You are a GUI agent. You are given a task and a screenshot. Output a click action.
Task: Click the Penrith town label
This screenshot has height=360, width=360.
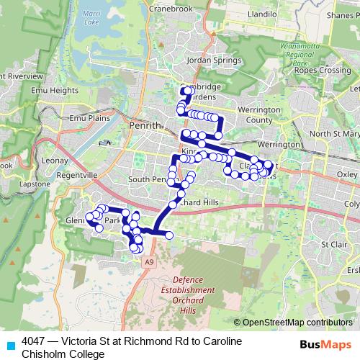[141, 125]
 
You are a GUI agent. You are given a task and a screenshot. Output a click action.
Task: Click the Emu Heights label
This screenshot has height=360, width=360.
[54, 91]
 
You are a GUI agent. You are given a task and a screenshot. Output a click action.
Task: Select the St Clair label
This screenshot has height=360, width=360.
[334, 244]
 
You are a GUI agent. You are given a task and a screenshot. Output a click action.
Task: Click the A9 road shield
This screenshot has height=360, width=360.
[148, 264]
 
